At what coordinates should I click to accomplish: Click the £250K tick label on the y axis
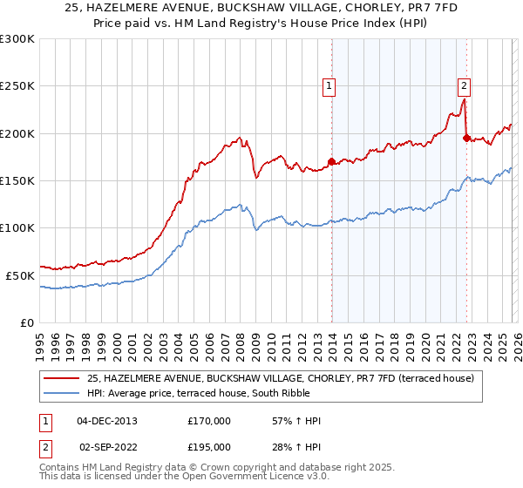coord(17,86)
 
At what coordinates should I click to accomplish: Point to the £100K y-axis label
coord(17,228)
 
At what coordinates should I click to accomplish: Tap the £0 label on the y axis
coord(27,322)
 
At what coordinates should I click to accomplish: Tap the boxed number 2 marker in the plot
coord(465,85)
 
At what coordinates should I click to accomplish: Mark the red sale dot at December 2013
coord(331,161)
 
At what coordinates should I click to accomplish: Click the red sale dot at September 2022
coord(466,138)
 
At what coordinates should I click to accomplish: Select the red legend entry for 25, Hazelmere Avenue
coord(280,378)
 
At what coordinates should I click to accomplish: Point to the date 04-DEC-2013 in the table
coord(107,421)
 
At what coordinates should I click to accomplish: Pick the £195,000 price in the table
coord(209,446)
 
